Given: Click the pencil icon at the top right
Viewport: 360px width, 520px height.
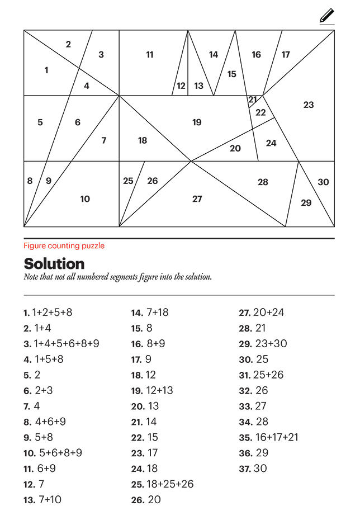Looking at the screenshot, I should tap(327, 16).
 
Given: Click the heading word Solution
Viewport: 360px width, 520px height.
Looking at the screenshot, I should tap(54, 264).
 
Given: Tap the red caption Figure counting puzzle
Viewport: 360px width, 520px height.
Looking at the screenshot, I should tap(64, 245).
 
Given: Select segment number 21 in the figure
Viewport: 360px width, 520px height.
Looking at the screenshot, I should tap(253, 100).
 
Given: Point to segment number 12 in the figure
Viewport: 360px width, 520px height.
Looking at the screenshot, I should tap(181, 86).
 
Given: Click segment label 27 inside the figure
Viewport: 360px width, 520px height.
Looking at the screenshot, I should tap(197, 198).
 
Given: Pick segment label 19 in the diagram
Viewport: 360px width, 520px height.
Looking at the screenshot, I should tap(197, 122).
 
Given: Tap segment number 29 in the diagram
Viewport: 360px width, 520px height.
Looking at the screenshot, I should tap(306, 202).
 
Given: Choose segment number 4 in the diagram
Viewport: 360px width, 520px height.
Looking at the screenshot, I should tap(87, 86).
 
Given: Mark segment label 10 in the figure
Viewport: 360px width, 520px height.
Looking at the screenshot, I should tap(85, 198).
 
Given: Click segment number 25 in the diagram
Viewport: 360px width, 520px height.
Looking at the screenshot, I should tap(128, 181).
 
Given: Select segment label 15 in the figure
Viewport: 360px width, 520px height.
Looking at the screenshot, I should tap(232, 74).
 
